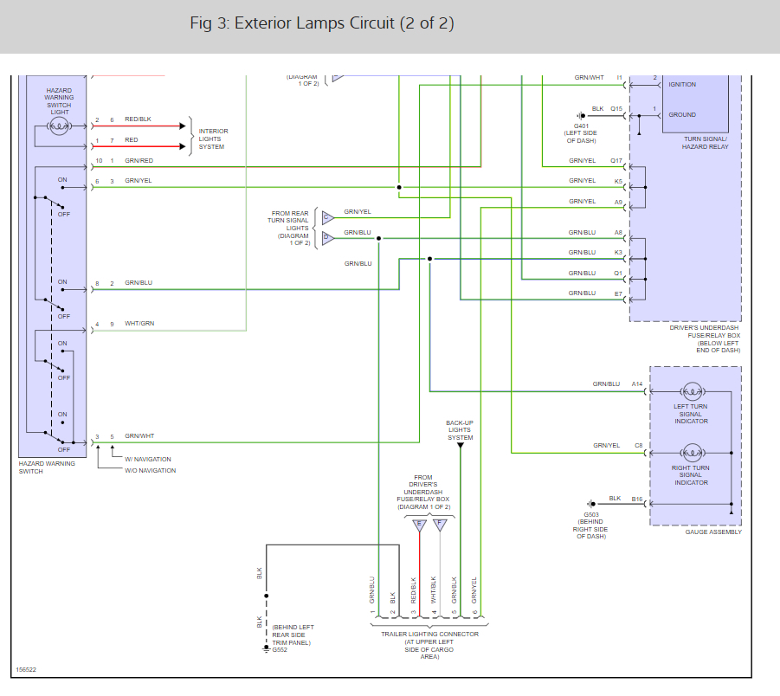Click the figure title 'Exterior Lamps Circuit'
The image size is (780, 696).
click(321, 23)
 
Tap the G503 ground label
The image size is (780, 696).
click(591, 516)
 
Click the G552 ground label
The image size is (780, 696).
click(280, 649)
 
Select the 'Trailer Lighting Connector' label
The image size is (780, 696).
click(429, 634)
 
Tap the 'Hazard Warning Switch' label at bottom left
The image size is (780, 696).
click(47, 467)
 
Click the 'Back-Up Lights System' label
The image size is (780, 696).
click(460, 430)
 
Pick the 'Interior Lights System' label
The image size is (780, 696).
click(213, 139)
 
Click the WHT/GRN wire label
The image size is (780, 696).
click(139, 324)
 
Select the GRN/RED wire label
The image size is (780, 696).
click(139, 160)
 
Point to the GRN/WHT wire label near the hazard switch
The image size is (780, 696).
click(139, 436)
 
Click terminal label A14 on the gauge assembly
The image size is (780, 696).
click(637, 383)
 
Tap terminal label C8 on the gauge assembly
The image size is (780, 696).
click(639, 445)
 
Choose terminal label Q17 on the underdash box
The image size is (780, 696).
click(616, 160)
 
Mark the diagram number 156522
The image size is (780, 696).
click(25, 669)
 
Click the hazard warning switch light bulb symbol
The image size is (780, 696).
click(59, 126)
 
